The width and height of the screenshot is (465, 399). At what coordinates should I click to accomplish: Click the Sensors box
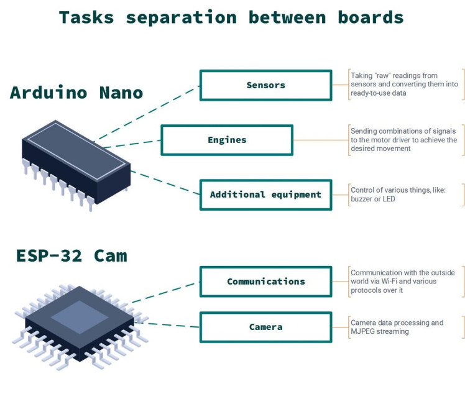(x=265, y=85)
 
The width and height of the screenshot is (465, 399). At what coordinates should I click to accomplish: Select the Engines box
(x=227, y=140)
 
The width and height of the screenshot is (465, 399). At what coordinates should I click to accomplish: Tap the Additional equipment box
(x=265, y=195)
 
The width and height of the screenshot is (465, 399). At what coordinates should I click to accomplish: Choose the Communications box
(x=265, y=282)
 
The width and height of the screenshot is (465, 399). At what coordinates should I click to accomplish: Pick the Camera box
(x=265, y=327)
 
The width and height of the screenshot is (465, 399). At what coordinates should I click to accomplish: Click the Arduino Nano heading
(x=76, y=93)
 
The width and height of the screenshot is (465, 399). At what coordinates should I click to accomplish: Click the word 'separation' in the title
(x=182, y=17)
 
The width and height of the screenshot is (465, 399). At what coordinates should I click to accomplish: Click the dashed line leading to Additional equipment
(x=165, y=181)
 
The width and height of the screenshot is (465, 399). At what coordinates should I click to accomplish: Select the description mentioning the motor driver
(x=403, y=139)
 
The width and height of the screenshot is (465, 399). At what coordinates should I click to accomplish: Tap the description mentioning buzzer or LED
(x=398, y=194)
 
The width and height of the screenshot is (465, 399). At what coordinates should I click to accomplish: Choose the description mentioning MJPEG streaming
(x=397, y=327)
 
